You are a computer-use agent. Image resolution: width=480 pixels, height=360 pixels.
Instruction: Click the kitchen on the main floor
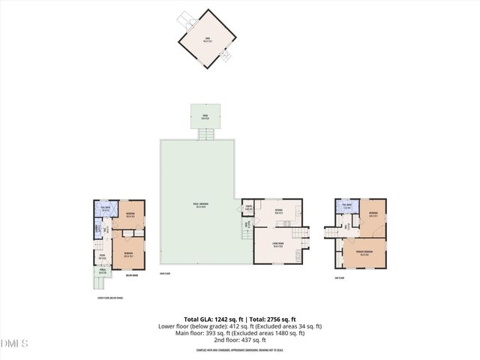click(278, 211)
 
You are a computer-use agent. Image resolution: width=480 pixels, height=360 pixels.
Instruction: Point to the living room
click(277, 246)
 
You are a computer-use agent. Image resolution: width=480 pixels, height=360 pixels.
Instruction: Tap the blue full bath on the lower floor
click(106, 209)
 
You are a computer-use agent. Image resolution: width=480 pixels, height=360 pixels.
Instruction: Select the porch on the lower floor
click(103, 272)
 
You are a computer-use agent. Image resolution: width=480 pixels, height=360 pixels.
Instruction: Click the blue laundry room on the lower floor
click(97, 230)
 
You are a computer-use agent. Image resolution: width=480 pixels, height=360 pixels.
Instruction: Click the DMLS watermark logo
click(14, 343)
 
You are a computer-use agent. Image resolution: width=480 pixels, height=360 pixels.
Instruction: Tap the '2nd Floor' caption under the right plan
click(340, 278)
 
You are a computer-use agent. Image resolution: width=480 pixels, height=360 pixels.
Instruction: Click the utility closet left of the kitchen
click(248, 208)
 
